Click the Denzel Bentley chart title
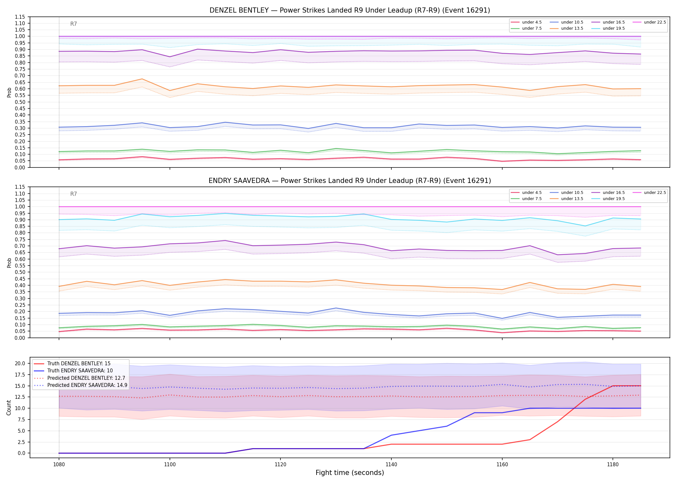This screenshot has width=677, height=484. (x=350, y=10)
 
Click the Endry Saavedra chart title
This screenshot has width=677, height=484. (x=350, y=181)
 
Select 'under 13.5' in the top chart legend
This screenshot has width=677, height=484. (x=572, y=28)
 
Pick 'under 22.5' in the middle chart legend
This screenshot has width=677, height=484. (x=655, y=193)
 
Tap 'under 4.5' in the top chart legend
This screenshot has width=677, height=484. (x=532, y=22)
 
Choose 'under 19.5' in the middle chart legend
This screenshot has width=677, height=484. (x=613, y=199)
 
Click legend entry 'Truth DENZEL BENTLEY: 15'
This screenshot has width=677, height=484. (x=79, y=364)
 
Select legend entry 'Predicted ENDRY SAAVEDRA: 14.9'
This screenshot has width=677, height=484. (x=87, y=385)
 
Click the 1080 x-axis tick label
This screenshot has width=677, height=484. (x=59, y=464)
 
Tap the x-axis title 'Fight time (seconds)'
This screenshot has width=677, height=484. (x=350, y=473)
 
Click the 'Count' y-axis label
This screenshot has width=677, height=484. (x=9, y=408)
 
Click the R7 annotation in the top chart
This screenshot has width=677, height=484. (x=74, y=24)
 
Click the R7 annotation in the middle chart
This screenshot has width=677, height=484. (x=74, y=194)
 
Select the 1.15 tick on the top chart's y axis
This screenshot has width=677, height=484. (x=20, y=17)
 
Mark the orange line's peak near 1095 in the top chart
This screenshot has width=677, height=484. (x=142, y=79)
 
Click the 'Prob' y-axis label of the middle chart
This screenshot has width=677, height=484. (x=9, y=263)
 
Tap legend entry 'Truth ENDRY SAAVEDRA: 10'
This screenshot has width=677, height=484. (x=80, y=371)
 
